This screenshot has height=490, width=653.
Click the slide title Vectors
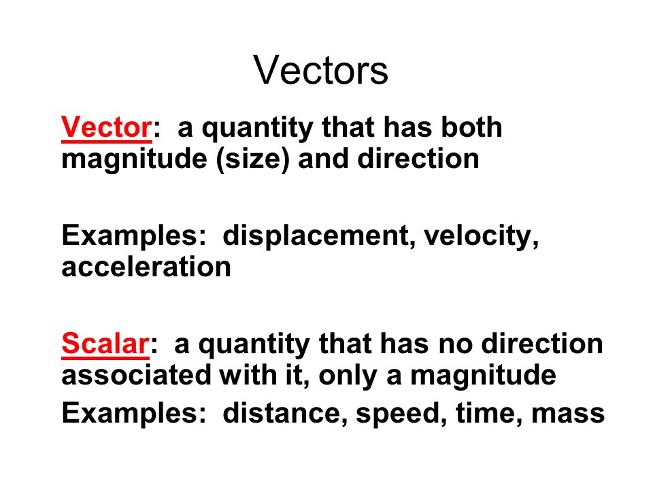(x=321, y=71)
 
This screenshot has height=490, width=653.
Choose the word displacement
(x=318, y=236)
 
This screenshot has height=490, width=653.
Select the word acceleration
(x=146, y=267)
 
